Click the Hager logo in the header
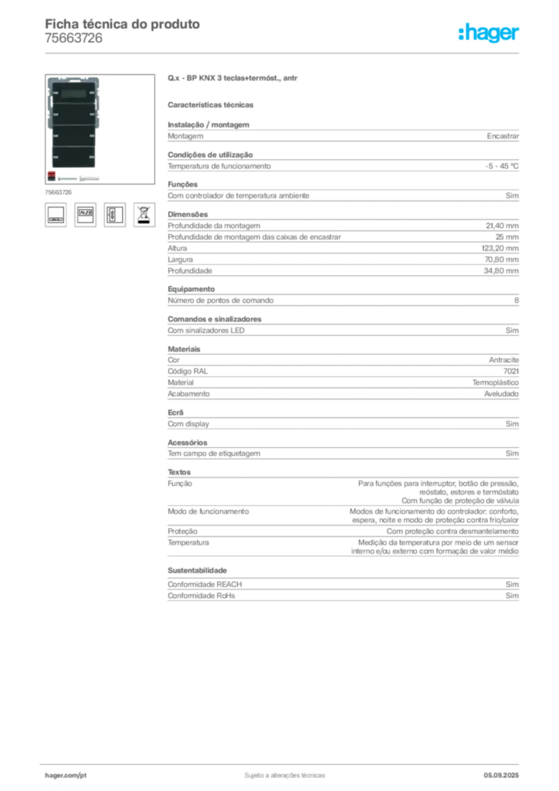(x=489, y=32)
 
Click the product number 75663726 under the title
(x=73, y=39)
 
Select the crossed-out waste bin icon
(x=144, y=215)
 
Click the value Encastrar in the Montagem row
(x=503, y=136)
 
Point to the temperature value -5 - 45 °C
(x=502, y=166)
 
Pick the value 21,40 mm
(x=502, y=226)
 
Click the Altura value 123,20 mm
(x=500, y=248)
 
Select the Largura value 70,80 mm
(x=502, y=260)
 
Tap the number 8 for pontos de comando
(x=517, y=300)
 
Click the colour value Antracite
(x=503, y=360)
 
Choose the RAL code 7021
(x=511, y=372)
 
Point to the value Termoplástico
(x=496, y=383)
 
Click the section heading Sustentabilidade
(x=197, y=571)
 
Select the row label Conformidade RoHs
(x=201, y=596)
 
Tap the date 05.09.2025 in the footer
(x=501, y=776)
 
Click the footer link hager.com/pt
(x=66, y=776)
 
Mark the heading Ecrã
(x=175, y=412)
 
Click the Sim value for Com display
(x=512, y=424)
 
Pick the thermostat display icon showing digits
(x=85, y=215)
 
